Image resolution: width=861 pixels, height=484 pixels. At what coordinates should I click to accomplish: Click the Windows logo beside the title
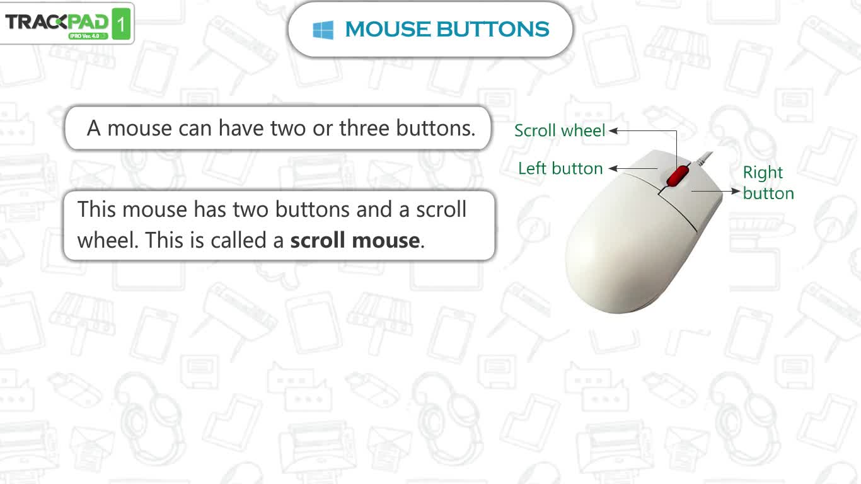[323, 30]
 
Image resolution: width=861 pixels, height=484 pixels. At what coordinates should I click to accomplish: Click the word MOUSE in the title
[388, 29]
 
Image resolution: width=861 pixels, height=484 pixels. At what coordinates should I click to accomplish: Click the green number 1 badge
[121, 24]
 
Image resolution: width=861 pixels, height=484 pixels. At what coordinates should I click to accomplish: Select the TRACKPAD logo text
[57, 22]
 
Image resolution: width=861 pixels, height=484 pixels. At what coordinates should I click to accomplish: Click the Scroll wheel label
[560, 130]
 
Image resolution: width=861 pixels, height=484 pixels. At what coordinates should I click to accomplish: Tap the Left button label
[560, 168]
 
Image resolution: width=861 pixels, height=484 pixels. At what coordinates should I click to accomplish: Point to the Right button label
[768, 183]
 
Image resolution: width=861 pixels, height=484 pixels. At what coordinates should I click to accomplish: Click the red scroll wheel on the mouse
[678, 176]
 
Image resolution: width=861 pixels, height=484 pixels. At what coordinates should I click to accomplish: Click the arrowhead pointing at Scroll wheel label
[613, 130]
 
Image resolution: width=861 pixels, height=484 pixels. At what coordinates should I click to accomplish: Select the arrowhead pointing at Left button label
[613, 168]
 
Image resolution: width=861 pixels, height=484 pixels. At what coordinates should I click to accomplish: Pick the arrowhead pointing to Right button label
[736, 191]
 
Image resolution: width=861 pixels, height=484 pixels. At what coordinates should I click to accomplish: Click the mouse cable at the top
[705, 158]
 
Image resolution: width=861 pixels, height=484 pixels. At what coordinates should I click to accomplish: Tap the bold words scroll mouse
[355, 240]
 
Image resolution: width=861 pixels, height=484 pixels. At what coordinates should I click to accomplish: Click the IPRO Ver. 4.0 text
[84, 36]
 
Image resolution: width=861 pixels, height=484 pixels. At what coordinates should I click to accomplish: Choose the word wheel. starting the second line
[108, 240]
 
